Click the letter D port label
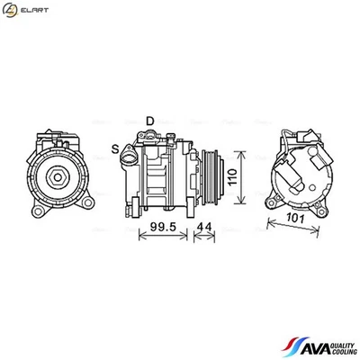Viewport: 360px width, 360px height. (151, 120)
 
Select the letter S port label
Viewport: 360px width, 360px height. (115, 148)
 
